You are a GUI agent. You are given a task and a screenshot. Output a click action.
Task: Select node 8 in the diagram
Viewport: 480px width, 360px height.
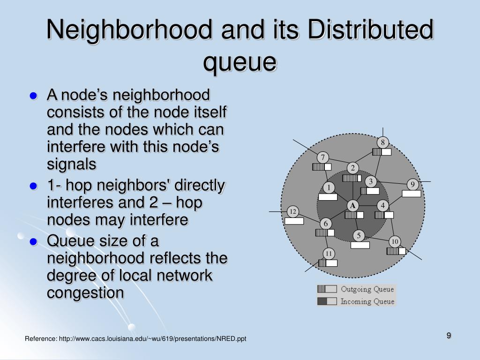(x=382, y=142)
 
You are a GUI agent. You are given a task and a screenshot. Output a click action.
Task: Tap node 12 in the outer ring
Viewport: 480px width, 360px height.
(x=293, y=211)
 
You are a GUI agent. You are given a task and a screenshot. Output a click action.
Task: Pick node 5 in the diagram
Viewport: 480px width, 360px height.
(x=359, y=235)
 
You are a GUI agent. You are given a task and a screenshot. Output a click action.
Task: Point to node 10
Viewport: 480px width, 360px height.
(x=395, y=241)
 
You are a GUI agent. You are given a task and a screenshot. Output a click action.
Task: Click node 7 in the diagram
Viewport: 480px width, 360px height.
(x=323, y=157)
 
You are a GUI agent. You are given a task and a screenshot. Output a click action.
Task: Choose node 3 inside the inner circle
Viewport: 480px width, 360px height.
(x=371, y=181)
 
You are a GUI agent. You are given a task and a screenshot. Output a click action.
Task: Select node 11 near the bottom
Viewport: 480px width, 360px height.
(x=329, y=254)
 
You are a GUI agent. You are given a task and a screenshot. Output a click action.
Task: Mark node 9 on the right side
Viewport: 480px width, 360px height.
(x=412, y=184)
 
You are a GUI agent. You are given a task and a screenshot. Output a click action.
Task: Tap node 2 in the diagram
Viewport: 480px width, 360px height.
(x=352, y=168)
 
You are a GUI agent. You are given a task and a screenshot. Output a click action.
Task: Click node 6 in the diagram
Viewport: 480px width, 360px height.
(x=326, y=223)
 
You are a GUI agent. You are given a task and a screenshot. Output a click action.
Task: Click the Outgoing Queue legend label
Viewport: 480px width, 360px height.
(x=367, y=289)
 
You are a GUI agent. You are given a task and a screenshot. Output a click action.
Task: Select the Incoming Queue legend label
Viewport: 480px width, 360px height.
(x=367, y=301)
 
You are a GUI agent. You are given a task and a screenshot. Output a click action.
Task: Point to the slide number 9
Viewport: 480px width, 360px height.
(x=449, y=335)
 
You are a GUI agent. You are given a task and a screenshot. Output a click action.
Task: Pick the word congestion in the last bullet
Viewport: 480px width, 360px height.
(x=85, y=293)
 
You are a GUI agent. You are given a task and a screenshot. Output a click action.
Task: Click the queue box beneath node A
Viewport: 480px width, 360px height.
(x=354, y=215)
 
